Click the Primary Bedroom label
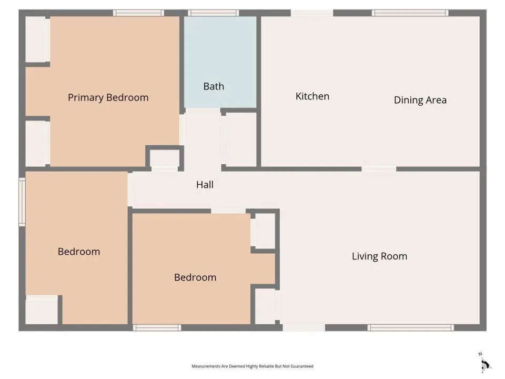tap(108, 98)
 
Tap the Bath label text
tap(214, 86)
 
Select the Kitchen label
tap(312, 96)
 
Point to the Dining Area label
tap(420, 100)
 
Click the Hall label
tap(205, 185)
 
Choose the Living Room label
tap(379, 256)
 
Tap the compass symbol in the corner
tap(485, 364)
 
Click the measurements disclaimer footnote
tap(252, 366)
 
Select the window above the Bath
tap(214, 13)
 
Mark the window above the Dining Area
tap(410, 13)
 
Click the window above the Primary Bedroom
tap(138, 13)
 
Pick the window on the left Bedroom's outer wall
tap(22, 202)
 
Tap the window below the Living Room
tap(411, 328)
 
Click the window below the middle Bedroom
tap(157, 328)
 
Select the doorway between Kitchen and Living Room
tap(379, 169)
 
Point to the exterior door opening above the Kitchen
tap(312, 13)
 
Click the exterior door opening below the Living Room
tap(304, 328)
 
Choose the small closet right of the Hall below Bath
tap(241, 139)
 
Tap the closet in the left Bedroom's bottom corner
tap(42, 310)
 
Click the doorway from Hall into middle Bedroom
tap(228, 211)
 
